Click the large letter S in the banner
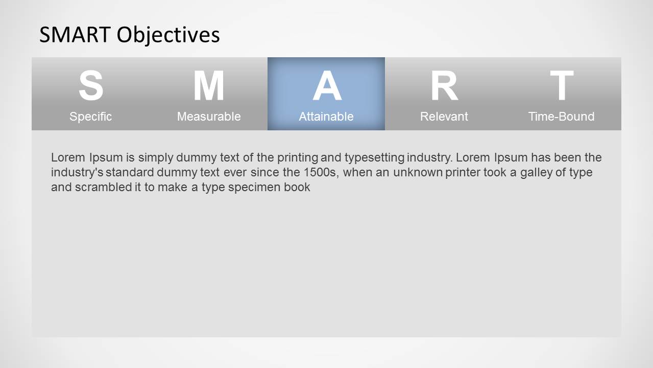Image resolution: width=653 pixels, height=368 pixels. [x=90, y=86]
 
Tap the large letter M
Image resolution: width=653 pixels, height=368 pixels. [x=208, y=86]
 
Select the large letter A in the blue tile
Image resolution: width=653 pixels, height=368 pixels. [x=326, y=86]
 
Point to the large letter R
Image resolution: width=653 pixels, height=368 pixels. [x=444, y=86]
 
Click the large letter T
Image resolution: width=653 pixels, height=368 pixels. [x=561, y=86]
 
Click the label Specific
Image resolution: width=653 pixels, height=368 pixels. [x=90, y=117]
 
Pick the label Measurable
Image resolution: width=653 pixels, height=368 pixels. [x=208, y=117]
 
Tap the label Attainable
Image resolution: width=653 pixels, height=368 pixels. [x=326, y=117]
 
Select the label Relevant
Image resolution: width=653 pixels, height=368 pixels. [x=444, y=117]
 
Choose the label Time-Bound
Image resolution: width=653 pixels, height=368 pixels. [x=561, y=117]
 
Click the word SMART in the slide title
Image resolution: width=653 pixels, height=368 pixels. [x=76, y=35]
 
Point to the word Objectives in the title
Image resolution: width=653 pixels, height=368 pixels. [x=168, y=35]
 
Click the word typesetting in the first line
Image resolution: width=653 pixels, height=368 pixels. [x=374, y=157]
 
